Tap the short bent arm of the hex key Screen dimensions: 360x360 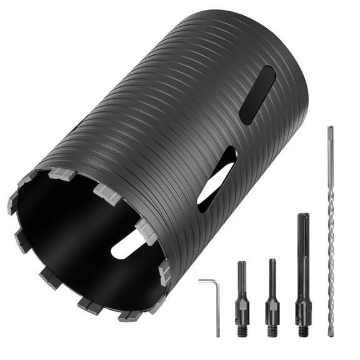coord(207,282)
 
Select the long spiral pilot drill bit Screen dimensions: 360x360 coord(330,231)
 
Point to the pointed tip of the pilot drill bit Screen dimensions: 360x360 coord(331,334)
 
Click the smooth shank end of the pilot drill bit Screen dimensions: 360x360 coord(329,141)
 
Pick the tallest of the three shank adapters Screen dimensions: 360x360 coord(303,275)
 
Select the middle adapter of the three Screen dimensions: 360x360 coord(272,297)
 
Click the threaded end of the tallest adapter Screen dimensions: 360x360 coord(304,329)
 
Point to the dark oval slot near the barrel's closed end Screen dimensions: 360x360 coord(257,94)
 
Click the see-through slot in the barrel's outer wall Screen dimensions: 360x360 coord(216,179)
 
